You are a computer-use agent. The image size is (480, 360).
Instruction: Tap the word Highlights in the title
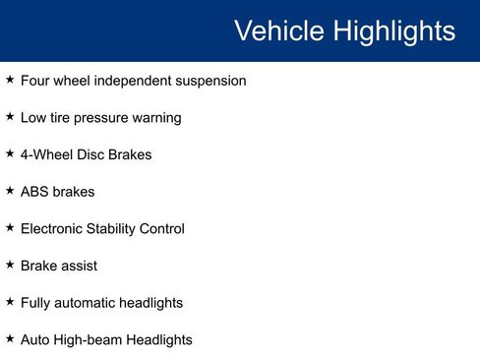coord(392,31)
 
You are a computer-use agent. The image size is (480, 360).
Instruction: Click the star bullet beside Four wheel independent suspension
coord(10,80)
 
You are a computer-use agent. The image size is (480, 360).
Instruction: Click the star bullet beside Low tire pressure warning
coord(10,116)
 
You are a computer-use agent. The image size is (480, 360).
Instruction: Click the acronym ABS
coord(34,192)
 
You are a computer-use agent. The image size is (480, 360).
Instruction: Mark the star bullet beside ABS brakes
coord(10,191)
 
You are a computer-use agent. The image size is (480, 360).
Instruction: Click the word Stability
coord(118,229)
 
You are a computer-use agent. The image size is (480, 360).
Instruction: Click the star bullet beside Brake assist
coord(10,265)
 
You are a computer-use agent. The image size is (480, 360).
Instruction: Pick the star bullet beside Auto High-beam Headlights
coord(10,338)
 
